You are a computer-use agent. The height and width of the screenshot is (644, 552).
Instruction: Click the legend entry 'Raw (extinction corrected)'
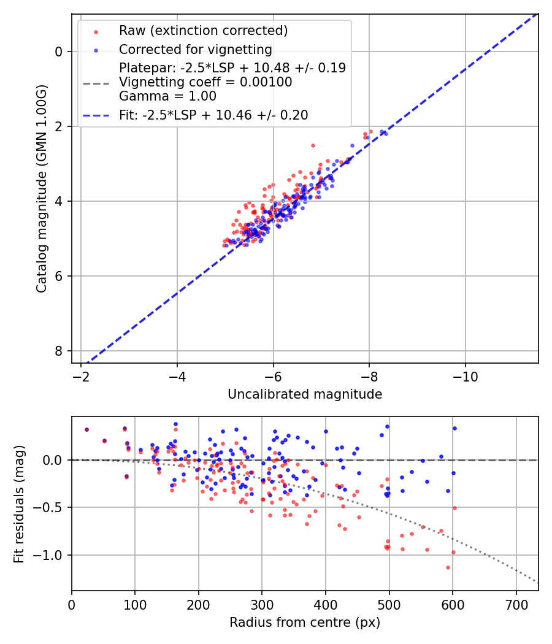pyautogui.click(x=203, y=30)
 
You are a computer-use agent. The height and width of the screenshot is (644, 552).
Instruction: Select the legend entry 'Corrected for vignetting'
pyautogui.click(x=195, y=49)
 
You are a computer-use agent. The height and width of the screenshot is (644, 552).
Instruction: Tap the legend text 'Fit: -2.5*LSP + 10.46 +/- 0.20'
pyautogui.click(x=213, y=115)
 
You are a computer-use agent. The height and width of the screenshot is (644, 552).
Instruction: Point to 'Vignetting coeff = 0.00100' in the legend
pyautogui.click(x=205, y=82)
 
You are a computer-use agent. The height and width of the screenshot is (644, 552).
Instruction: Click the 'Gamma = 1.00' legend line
pyautogui.click(x=167, y=96)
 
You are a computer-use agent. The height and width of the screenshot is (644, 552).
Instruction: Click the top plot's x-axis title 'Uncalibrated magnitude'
pyautogui.click(x=305, y=394)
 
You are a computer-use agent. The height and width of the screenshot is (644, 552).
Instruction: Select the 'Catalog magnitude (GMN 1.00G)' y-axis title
pyautogui.click(x=41, y=188)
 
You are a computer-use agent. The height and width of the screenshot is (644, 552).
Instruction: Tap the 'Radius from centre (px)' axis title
pyautogui.click(x=305, y=623)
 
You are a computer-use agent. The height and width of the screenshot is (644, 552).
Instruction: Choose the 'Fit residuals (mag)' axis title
pyautogui.click(x=19, y=504)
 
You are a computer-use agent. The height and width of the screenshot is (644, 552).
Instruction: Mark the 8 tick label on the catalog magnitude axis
pyautogui.click(x=59, y=351)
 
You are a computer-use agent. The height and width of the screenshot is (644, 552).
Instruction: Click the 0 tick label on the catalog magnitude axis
pyautogui.click(x=59, y=52)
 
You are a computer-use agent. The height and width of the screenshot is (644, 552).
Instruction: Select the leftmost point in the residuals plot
pyautogui.click(x=86, y=429)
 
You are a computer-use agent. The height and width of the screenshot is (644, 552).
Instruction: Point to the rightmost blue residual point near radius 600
pyautogui.click(x=454, y=428)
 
